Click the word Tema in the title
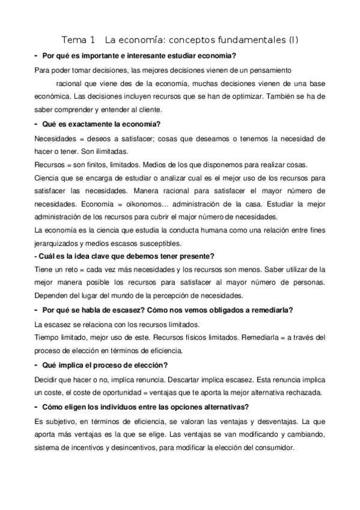(75, 40)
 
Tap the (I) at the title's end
(293, 40)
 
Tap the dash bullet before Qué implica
(37, 365)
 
